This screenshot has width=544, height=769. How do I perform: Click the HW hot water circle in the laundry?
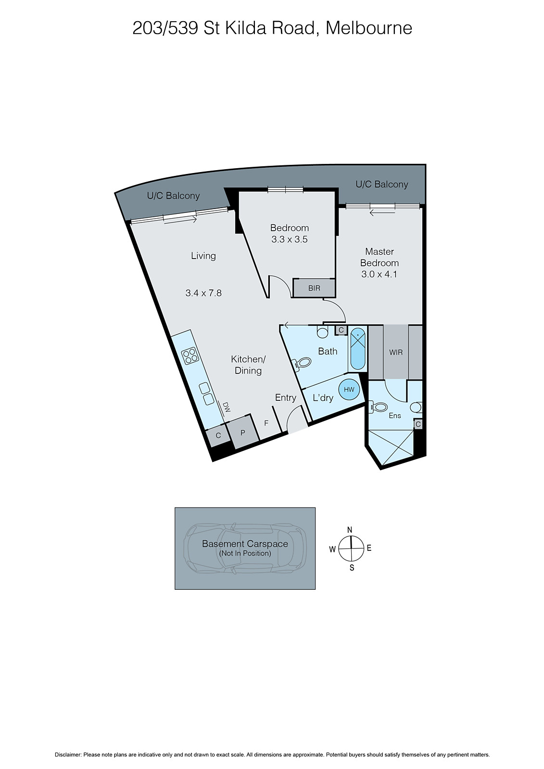[349, 389]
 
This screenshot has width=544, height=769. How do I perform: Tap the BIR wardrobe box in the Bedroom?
[314, 288]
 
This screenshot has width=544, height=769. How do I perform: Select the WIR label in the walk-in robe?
[396, 352]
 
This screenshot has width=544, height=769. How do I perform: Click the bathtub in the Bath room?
[357, 349]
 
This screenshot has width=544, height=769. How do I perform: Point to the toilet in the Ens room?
[379, 407]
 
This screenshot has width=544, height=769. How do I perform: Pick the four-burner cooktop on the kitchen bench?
[190, 355]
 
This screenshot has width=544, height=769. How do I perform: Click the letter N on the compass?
[350, 530]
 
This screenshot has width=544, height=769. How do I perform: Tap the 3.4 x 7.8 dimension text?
[203, 293]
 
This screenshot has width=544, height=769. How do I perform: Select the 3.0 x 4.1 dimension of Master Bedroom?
[379, 274]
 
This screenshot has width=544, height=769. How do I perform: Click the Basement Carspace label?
[245, 544]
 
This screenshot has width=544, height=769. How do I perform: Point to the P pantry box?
[243, 433]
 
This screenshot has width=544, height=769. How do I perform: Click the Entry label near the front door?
[285, 397]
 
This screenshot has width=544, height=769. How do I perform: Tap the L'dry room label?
[323, 398]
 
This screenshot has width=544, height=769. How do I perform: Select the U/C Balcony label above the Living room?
[173, 196]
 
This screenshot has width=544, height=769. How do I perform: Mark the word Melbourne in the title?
[369, 28]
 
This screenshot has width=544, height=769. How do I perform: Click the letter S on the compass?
[352, 568]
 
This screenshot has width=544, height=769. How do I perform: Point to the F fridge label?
[266, 423]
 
